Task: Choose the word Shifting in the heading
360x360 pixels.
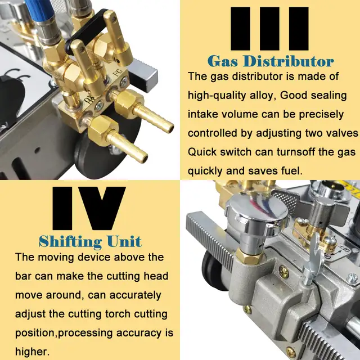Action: [70, 242]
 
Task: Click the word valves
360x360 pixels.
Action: [341, 133]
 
